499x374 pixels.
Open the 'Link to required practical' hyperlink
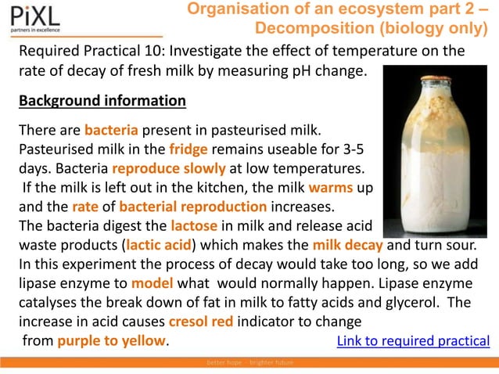(413, 341)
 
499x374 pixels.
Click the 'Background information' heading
(102, 102)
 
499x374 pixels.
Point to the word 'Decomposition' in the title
(308, 29)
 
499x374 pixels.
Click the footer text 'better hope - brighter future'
(249, 365)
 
